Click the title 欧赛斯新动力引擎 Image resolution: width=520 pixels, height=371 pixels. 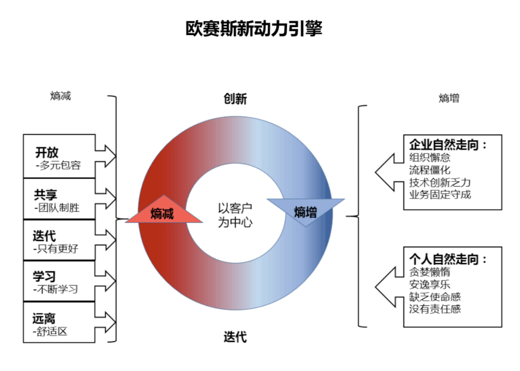tap(253, 29)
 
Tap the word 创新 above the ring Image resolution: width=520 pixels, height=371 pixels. tap(235, 99)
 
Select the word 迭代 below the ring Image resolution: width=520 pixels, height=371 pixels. tap(235, 337)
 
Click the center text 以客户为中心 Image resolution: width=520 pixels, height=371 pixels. tap(235, 215)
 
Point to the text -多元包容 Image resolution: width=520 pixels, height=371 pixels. tap(58, 166)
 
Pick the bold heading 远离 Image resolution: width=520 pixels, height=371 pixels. tap(44, 318)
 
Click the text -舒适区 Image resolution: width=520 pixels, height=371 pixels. tap(51, 331)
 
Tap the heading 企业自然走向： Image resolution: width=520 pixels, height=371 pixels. tap(448, 144)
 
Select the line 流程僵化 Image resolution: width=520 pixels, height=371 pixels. tap(430, 170)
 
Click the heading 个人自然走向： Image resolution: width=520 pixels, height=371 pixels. tap(448, 260)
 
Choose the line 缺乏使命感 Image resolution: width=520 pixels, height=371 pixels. tap(435, 296)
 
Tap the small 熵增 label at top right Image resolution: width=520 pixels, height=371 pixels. tap(449, 99)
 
